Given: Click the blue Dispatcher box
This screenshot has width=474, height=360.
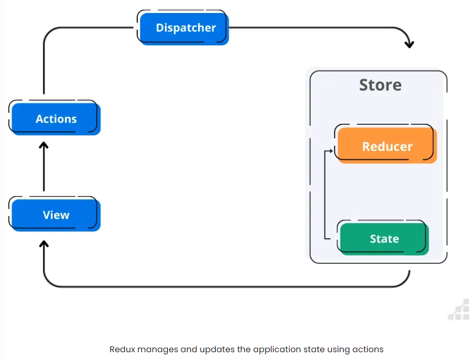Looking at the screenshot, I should pyautogui.click(x=185, y=28).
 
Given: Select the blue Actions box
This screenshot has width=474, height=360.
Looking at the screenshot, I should pyautogui.click(x=56, y=119).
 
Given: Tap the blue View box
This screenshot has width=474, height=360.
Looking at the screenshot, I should pyautogui.click(x=56, y=215).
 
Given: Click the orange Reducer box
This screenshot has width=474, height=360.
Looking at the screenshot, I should pyautogui.click(x=387, y=146).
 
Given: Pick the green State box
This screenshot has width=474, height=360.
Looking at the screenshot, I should pyautogui.click(x=384, y=239).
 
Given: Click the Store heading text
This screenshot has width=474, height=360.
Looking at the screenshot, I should pyautogui.click(x=380, y=85).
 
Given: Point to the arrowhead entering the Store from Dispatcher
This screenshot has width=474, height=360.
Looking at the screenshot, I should pyautogui.click(x=409, y=44).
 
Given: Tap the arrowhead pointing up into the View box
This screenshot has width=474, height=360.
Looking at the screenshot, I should pyautogui.click(x=44, y=243).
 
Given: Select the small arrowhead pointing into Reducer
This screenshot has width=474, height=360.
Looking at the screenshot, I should pyautogui.click(x=331, y=151).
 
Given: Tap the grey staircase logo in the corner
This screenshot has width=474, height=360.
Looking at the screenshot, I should pyautogui.click(x=458, y=311).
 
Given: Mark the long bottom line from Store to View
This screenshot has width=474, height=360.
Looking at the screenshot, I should pyautogui.click(x=223, y=287).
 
